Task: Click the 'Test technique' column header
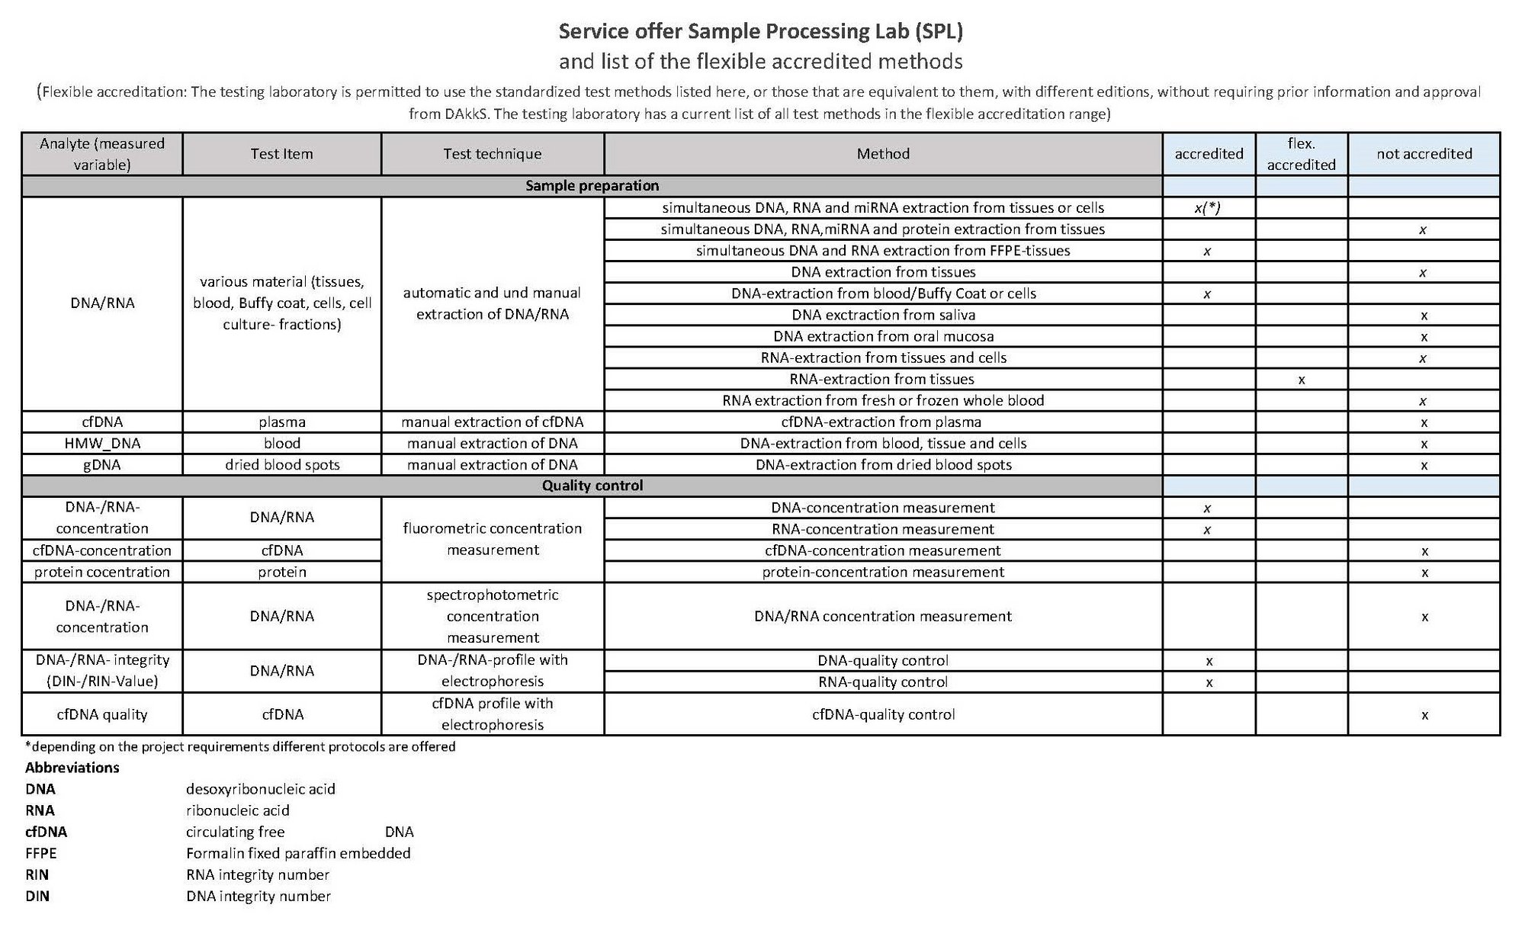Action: click(x=493, y=154)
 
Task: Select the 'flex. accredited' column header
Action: click(x=1301, y=154)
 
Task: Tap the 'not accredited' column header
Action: click(x=1424, y=154)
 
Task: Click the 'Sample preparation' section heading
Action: click(x=592, y=186)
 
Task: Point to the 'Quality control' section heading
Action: click(x=592, y=486)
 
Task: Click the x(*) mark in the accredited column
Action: click(x=1208, y=208)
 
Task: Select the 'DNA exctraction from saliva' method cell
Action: click(x=883, y=315)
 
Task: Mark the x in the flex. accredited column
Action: click(x=1301, y=380)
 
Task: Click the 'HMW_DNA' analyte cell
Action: click(x=102, y=444)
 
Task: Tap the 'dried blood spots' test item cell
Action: click(x=282, y=465)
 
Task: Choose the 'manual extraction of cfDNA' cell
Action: click(x=493, y=422)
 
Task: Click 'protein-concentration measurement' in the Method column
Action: click(x=883, y=573)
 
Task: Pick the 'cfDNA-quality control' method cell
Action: click(x=883, y=715)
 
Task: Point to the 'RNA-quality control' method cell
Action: click(x=883, y=682)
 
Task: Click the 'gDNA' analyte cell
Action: click(x=102, y=465)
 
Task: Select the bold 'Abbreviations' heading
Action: click(x=72, y=768)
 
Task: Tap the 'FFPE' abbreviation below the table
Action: click(x=41, y=854)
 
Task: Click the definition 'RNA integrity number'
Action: click(x=258, y=875)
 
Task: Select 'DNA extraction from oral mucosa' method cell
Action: click(x=883, y=336)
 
